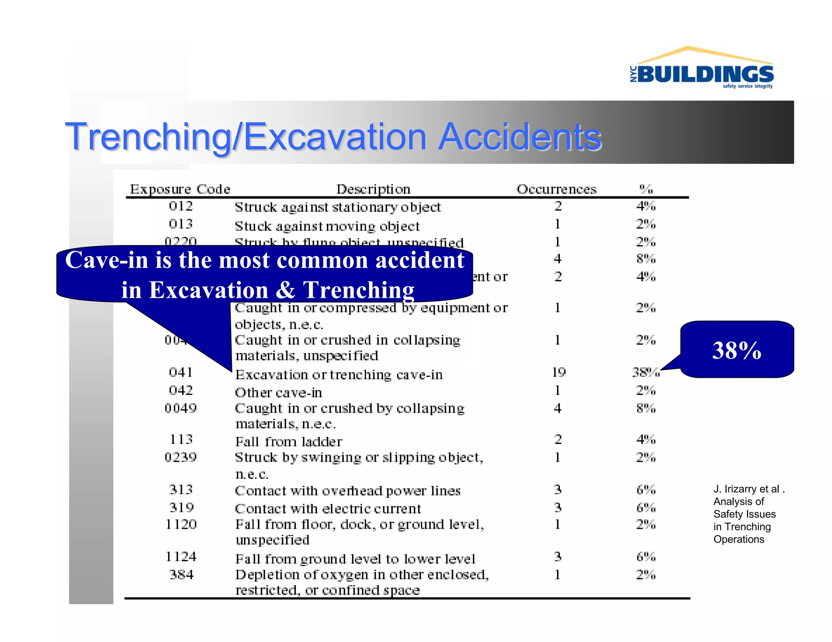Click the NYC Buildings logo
point(702,69)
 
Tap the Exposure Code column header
point(180,189)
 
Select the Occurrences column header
point(556,189)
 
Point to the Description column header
point(373,189)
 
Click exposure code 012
point(181,206)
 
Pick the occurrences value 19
point(559,372)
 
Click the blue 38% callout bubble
point(737,350)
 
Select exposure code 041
point(181,372)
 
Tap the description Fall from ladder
point(288,442)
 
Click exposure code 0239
point(181,457)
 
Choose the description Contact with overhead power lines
point(348,491)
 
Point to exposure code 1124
point(181,557)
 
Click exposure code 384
point(181,575)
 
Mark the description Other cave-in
point(278,393)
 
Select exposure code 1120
point(181,525)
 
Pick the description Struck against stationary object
point(338,207)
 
